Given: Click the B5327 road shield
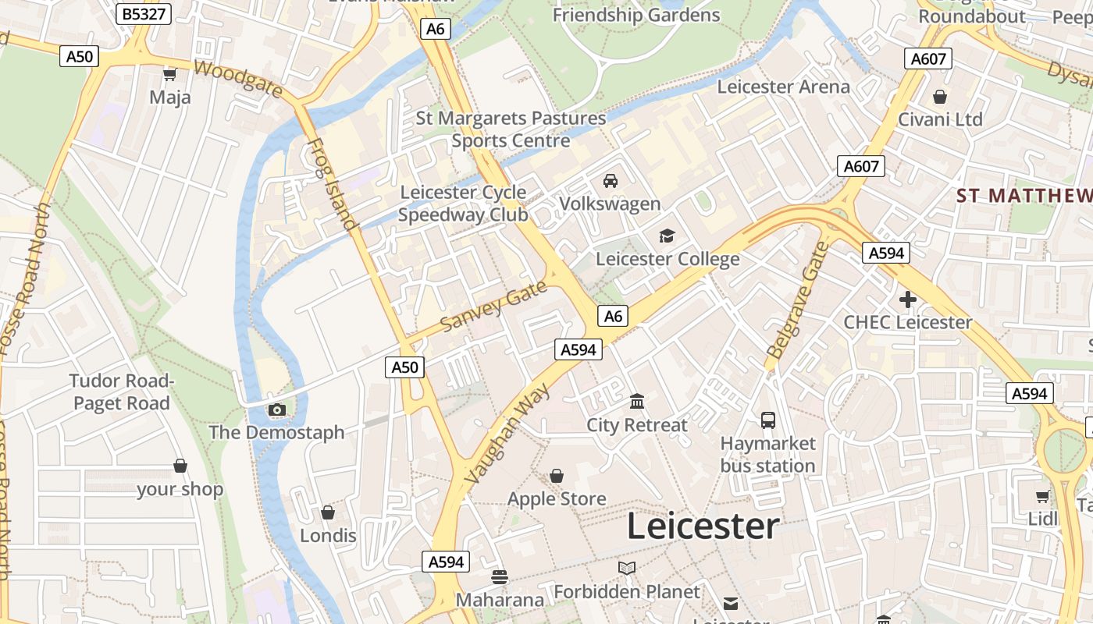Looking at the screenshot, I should [144, 13].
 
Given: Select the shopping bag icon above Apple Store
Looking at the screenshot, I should [557, 475].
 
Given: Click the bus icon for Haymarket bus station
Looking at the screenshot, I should [768, 420].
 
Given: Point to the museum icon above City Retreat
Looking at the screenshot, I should [637, 401].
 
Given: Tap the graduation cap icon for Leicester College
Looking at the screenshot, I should [667, 236].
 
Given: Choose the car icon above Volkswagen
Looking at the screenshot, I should [611, 181].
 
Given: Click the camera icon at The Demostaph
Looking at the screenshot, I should [276, 409].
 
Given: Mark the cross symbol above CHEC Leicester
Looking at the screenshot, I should [907, 299].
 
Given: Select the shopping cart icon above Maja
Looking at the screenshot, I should [169, 75].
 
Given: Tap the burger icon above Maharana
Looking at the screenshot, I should [500, 577].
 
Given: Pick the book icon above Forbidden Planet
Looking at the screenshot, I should [627, 569].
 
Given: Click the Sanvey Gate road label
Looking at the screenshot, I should [493, 307].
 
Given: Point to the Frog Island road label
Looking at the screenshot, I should [333, 185].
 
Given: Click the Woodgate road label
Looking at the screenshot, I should [238, 79].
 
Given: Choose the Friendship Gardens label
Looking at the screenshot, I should [636, 15].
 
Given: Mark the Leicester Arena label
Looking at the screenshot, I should [783, 87].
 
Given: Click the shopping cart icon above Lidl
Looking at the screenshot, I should [1042, 496].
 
